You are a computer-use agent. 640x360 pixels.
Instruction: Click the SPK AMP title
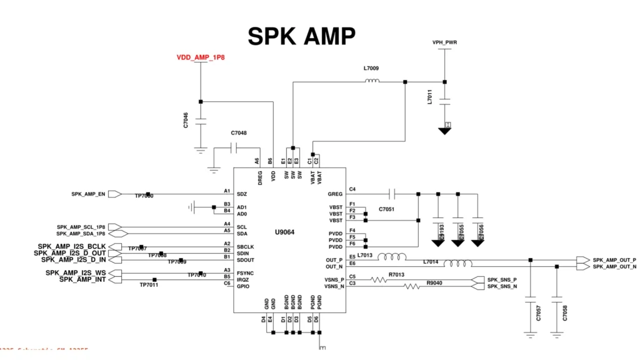301,36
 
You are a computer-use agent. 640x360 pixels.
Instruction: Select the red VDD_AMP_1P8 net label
201,57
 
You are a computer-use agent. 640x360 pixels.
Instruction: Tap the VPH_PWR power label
444,42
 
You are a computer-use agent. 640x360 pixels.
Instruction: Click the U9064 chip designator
284,232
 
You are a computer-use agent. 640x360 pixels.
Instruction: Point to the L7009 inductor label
371,68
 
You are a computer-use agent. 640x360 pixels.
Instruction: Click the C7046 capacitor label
186,121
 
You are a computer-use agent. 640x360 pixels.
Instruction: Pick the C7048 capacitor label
238,133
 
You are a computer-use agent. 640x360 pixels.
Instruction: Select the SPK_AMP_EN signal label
88,194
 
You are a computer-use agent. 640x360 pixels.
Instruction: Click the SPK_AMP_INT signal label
82,279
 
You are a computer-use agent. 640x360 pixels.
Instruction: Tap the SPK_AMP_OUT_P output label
614,259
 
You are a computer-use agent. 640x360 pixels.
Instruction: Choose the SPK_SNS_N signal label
502,286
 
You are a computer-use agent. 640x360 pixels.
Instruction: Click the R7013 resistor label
396,274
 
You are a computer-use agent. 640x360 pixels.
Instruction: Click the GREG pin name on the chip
336,194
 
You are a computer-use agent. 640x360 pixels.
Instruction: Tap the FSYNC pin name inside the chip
246,273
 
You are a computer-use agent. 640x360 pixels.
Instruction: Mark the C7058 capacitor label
565,313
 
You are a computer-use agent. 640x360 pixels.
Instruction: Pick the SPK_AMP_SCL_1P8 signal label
81,227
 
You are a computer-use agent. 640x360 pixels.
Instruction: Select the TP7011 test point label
149,285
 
